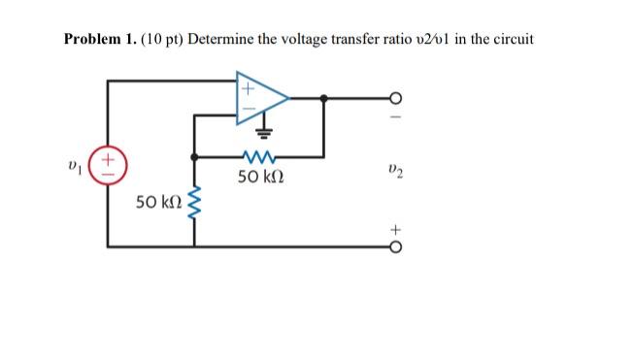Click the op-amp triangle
point(260,98)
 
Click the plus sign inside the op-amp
point(247,87)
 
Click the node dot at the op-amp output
point(323,97)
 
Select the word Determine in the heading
point(225,40)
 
